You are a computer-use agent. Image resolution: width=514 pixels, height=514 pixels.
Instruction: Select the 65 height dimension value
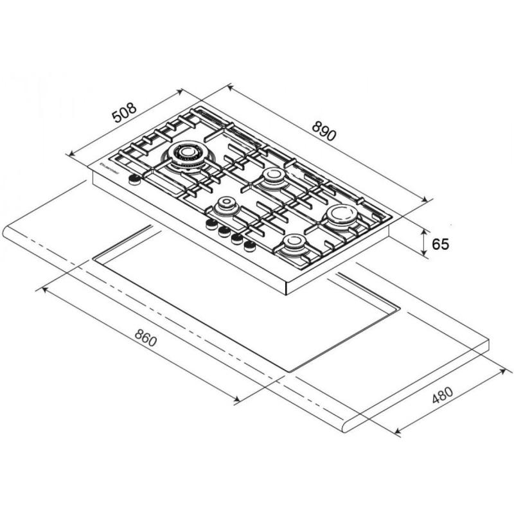tap(440, 244)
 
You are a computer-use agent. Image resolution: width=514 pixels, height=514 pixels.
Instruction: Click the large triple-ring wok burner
tap(186, 154)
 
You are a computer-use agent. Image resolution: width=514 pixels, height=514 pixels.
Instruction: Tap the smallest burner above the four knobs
tap(226, 206)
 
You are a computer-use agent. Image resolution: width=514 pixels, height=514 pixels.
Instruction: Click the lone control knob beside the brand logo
tap(135, 181)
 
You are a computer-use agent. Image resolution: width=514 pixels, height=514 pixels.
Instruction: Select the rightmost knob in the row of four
tap(249, 245)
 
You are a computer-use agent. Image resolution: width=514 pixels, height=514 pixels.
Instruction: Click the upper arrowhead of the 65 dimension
tap(425, 230)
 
